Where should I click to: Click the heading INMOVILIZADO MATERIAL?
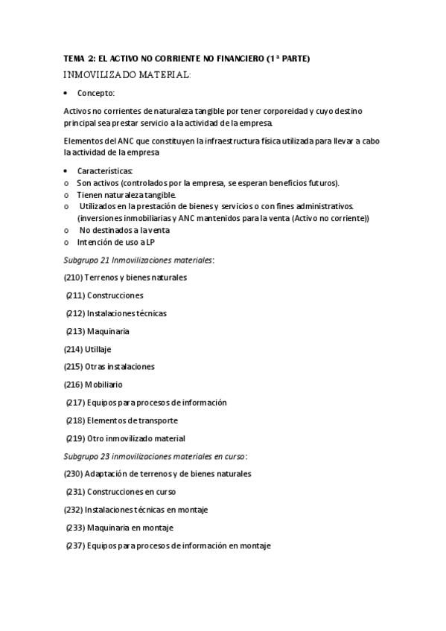click(128, 74)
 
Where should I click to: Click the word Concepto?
click(96, 93)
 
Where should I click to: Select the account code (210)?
click(73, 278)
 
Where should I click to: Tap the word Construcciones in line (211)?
click(115, 295)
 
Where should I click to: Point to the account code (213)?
click(75, 331)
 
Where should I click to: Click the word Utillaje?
click(98, 349)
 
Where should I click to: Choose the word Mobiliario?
click(104, 385)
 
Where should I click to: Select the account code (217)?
click(75, 403)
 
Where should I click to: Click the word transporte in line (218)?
click(154, 420)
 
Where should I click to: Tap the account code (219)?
click(75, 438)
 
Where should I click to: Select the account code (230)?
click(73, 474)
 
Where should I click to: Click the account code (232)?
click(73, 510)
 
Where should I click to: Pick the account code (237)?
click(75, 545)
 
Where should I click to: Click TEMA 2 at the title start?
click(81, 58)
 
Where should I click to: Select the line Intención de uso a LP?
click(116, 242)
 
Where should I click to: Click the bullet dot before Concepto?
click(66, 94)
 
